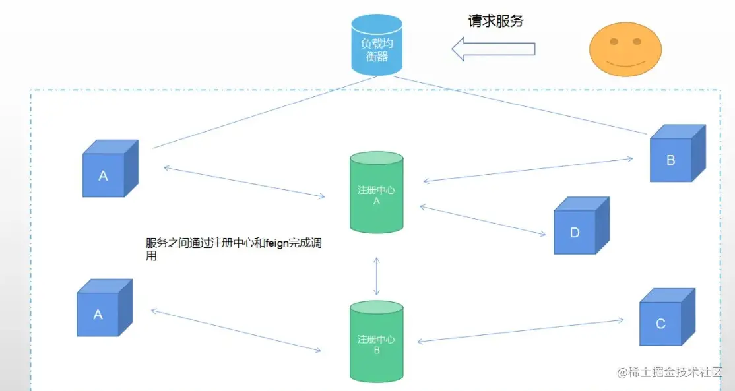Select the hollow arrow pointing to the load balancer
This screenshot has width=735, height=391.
(493, 48)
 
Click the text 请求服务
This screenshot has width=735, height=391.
(495, 21)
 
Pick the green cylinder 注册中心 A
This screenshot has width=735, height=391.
(376, 193)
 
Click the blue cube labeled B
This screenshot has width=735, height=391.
(675, 155)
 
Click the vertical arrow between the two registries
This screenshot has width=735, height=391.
(377, 276)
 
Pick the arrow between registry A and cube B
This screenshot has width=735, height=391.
(528, 169)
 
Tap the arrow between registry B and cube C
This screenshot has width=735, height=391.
(521, 331)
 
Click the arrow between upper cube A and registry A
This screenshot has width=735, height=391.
(244, 182)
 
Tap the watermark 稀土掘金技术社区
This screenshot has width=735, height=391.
(676, 374)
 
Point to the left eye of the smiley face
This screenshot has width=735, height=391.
(614, 42)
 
